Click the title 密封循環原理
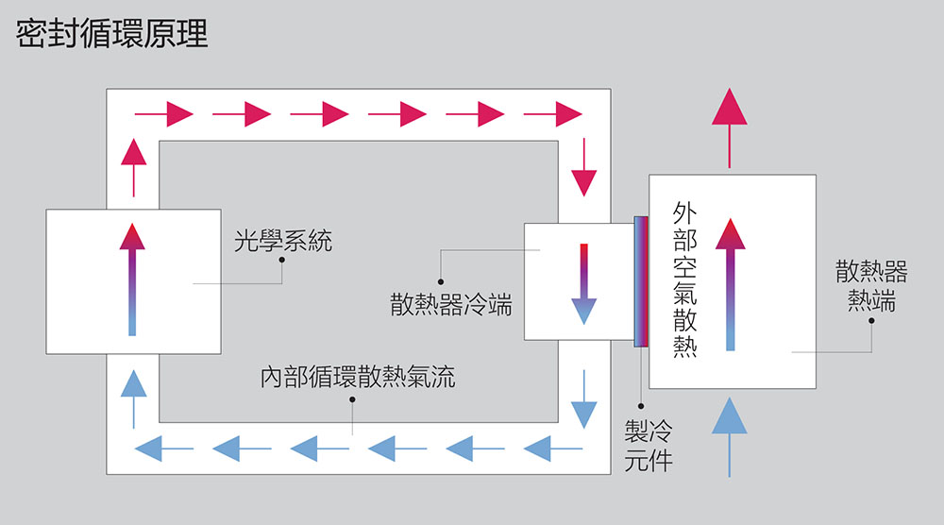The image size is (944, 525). coord(111,34)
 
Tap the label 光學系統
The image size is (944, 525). coord(283,242)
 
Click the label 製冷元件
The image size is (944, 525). coord(649,447)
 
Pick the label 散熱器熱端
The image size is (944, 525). coord(871,286)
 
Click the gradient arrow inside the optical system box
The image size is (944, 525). coord(132,280)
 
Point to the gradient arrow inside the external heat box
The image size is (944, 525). coord(730,284)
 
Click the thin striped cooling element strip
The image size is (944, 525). coord(641,280)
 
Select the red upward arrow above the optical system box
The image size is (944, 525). coord(134,165)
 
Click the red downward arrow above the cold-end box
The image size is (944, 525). coord(584,166)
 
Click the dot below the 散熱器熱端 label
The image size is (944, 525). coord(871,321)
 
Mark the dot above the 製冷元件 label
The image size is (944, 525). coord(642,405)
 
